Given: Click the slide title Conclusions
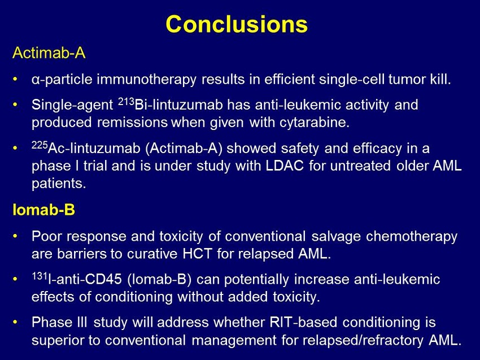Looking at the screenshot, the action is [237, 24].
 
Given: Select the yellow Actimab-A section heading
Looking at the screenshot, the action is [49, 53].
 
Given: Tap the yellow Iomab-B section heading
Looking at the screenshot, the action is [44, 210].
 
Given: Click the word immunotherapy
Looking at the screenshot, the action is [147, 80].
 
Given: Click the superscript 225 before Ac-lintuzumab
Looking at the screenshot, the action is [40, 145].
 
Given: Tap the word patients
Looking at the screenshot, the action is [59, 184].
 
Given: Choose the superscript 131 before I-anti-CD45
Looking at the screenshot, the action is [40, 276].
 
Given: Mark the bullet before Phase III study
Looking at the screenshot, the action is [15, 323].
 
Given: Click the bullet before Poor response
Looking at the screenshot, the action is [15, 237].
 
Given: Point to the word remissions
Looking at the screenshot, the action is [133, 123].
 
